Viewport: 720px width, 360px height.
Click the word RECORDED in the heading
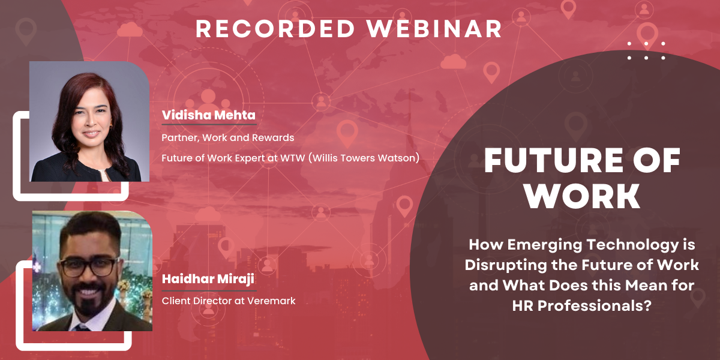275,29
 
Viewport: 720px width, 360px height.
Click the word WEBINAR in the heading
434,29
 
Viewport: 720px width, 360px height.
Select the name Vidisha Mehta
209,115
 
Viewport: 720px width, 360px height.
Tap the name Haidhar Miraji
208,278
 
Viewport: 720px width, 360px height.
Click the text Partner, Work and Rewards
227,137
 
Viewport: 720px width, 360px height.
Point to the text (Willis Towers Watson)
364,158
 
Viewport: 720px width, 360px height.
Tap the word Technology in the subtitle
632,245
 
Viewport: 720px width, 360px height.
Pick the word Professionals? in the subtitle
595,305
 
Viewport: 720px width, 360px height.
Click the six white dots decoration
646,51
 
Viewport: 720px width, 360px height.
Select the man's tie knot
82,328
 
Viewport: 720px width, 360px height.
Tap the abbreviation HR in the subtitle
523,305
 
